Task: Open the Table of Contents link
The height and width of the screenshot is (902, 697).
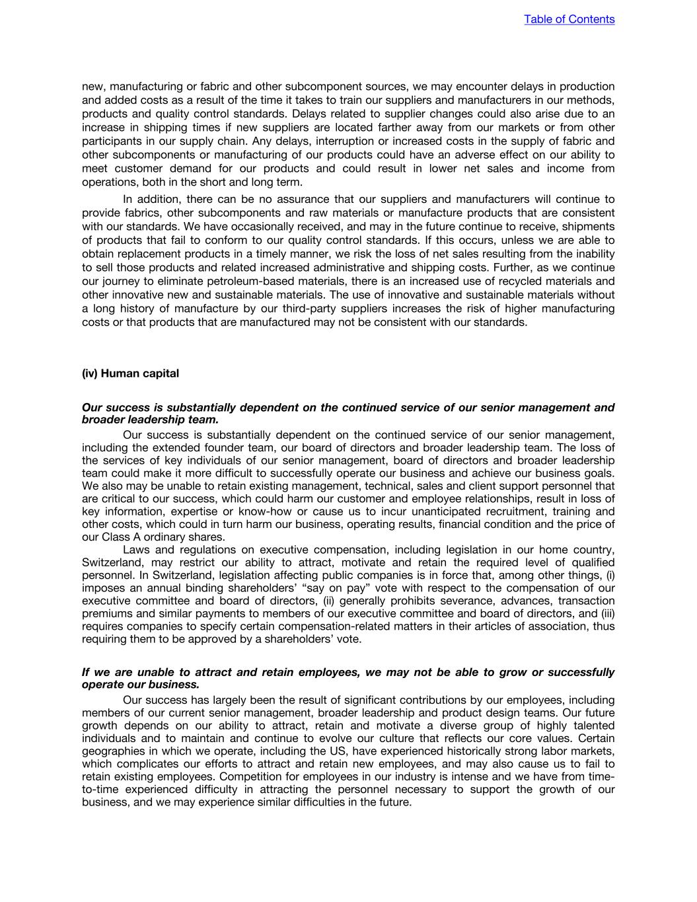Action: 569,19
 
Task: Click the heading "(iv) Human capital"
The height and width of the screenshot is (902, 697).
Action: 130,373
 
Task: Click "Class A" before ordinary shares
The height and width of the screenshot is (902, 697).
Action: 121,537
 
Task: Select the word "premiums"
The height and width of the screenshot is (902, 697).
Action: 108,614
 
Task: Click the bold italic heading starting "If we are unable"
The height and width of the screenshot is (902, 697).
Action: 348,678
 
